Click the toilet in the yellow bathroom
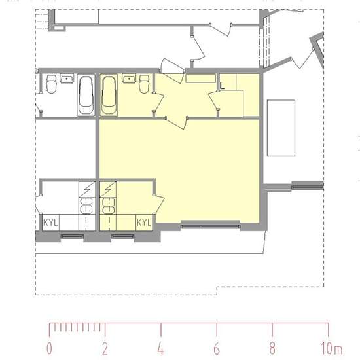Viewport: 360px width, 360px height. [x=144, y=84]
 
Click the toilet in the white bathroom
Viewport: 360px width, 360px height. [x=51, y=84]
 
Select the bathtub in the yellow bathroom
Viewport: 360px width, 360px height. [x=109, y=95]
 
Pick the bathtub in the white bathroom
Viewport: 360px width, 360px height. [x=86, y=95]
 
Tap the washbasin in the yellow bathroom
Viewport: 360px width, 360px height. [x=129, y=78]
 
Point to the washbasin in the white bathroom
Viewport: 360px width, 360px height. [x=67, y=78]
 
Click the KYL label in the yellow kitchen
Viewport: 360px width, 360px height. [x=144, y=223]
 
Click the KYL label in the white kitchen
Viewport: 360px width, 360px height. [x=50, y=223]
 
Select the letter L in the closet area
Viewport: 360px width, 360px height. [x=222, y=86]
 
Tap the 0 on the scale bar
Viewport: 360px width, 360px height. [x=49, y=348]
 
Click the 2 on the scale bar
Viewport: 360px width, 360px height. [x=105, y=348]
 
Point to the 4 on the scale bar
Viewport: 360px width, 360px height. [x=161, y=348]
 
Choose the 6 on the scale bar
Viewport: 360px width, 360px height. [x=217, y=348]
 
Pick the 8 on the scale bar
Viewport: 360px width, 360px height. [x=272, y=348]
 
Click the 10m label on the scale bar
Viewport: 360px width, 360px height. [x=332, y=348]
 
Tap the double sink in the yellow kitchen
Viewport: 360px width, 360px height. [x=108, y=206]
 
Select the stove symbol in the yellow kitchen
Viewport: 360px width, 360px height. [x=108, y=189]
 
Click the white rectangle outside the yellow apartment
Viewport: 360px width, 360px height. [x=281, y=128]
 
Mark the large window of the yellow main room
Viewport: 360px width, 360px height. [x=211, y=226]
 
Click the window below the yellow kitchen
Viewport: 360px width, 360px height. [x=122, y=236]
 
